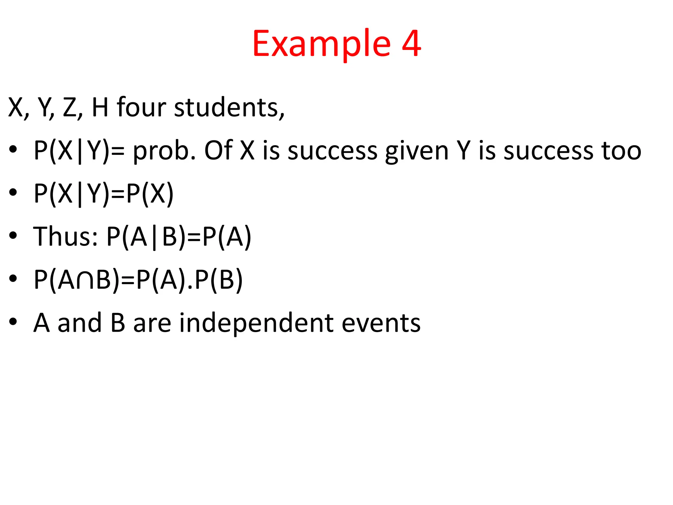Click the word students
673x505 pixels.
[x=229, y=108]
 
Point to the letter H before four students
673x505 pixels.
[x=100, y=108]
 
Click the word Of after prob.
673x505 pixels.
[x=219, y=151]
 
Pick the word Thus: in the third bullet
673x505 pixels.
[x=65, y=236]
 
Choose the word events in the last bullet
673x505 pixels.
[x=381, y=323]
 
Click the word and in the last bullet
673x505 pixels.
[x=80, y=323]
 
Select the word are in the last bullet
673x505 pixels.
[x=152, y=323]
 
